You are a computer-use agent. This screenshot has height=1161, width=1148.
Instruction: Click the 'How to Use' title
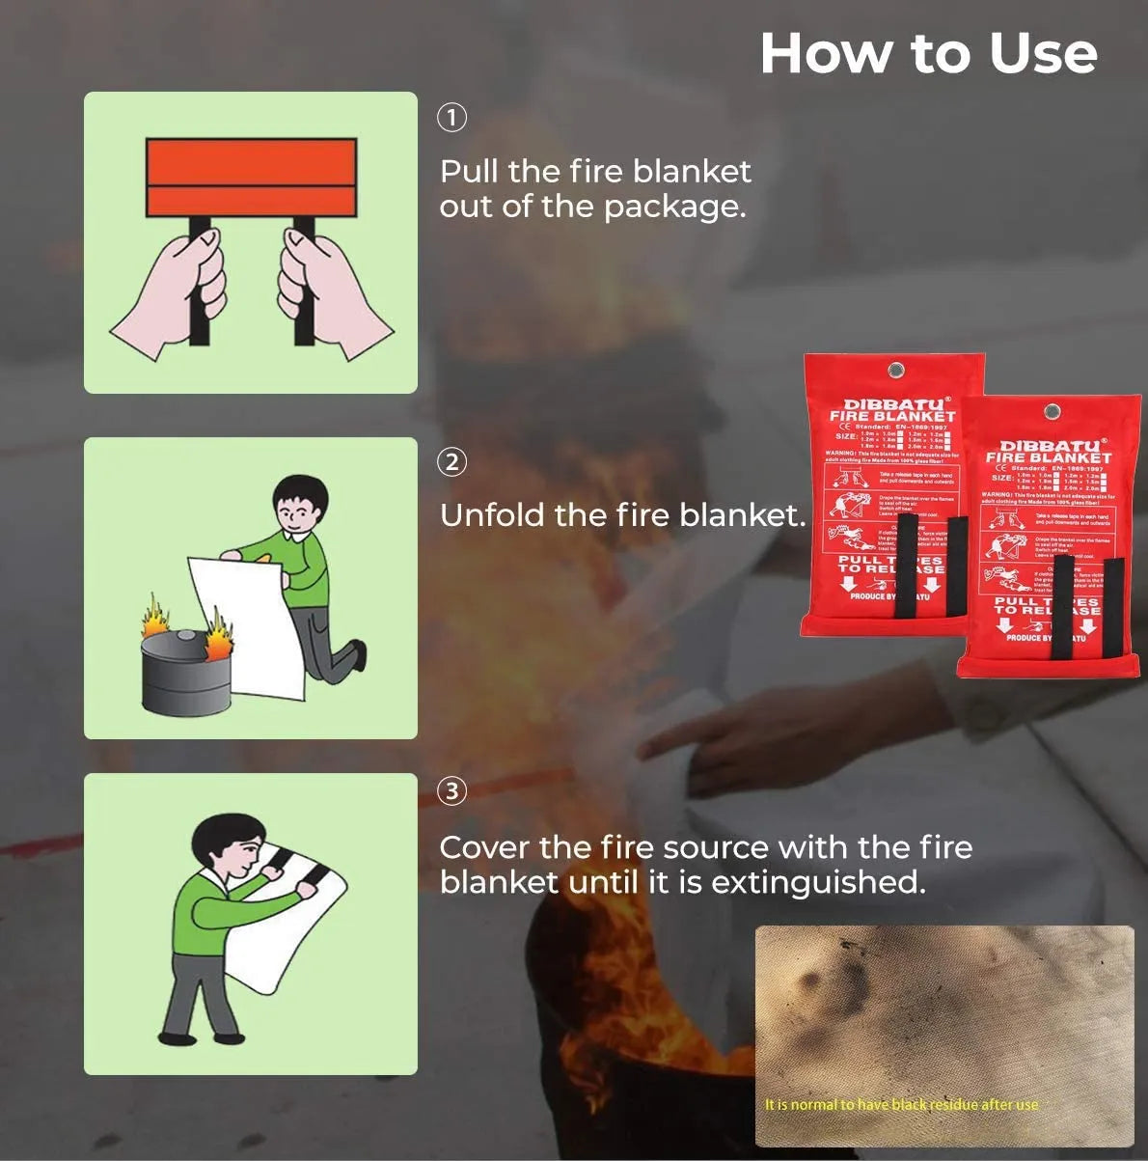pyautogui.click(x=928, y=53)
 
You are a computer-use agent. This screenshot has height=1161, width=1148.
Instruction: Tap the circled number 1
pyautogui.click(x=452, y=118)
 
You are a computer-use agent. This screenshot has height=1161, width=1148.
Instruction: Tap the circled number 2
pyautogui.click(x=452, y=461)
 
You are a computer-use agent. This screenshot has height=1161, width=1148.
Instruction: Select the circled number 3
pyautogui.click(x=452, y=791)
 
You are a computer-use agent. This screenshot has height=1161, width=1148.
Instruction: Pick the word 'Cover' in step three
pyautogui.click(x=484, y=847)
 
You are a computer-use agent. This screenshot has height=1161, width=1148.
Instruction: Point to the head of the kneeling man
pyautogui.click(x=300, y=504)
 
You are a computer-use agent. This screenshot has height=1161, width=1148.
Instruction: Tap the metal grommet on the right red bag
pyautogui.click(x=1052, y=412)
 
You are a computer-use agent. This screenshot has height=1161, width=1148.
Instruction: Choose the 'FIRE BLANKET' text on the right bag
pyautogui.click(x=1049, y=457)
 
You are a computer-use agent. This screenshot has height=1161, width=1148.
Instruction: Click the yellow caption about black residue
pyautogui.click(x=901, y=1104)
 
